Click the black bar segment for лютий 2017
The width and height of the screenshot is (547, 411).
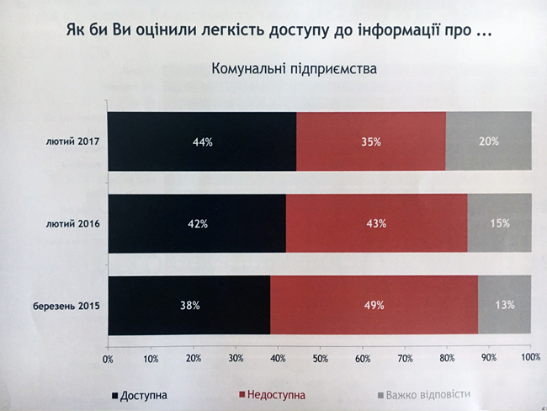tap(202, 141)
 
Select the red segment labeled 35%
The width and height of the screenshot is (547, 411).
tap(371, 141)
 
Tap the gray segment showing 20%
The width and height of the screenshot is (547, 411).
tap(488, 141)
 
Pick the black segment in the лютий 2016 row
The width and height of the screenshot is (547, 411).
tap(198, 223)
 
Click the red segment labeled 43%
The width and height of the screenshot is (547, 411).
tap(376, 223)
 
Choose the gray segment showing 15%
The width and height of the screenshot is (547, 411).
tap(499, 223)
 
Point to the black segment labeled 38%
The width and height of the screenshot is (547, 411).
tap(189, 305)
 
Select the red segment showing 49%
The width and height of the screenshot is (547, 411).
tap(374, 305)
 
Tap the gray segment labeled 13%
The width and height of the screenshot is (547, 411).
tap(504, 305)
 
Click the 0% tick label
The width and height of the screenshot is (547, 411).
tap(108, 359)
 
